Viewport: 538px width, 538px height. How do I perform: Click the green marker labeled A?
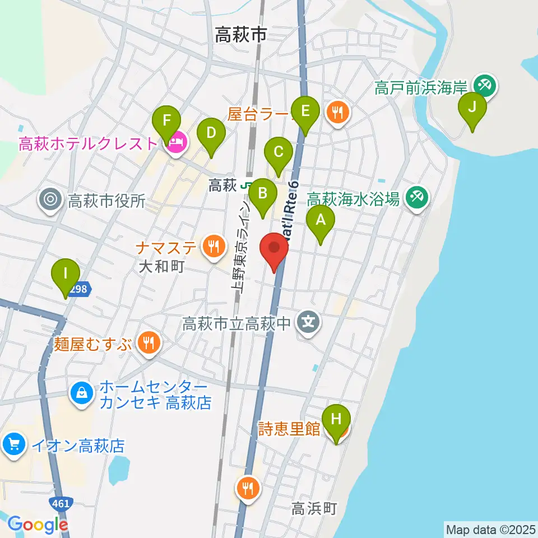coord(321,220)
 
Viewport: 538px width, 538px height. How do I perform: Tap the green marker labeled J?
coord(472,106)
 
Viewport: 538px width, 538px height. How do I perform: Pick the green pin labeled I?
coord(66,274)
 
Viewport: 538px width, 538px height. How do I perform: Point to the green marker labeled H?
coord(336,419)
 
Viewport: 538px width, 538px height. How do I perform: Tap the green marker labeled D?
coord(211,133)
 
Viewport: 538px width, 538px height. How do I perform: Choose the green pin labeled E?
coord(305,111)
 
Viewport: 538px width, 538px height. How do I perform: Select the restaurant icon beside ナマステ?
coord(212,245)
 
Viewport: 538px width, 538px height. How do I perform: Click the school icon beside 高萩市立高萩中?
coord(309,323)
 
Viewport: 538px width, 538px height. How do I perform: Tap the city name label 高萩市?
coord(240,36)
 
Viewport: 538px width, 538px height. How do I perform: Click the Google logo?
coord(37,524)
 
